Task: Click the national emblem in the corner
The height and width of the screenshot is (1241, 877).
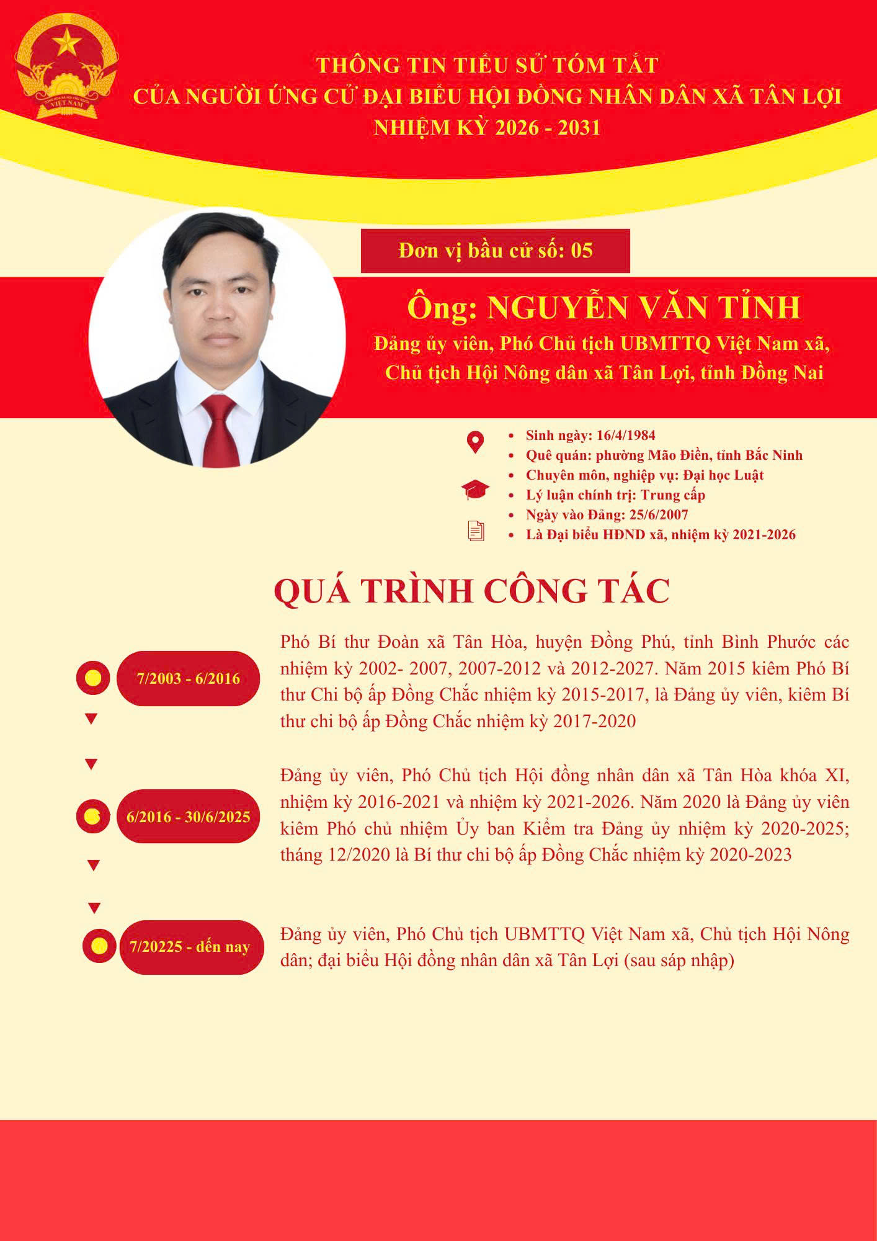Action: pos(66,66)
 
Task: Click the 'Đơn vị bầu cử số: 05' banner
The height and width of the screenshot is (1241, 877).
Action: pos(495,251)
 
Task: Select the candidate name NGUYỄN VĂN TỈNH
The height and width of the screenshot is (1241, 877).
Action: pos(644,308)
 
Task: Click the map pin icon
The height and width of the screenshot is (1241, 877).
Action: pos(475,442)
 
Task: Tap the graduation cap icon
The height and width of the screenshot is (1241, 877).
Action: pos(475,490)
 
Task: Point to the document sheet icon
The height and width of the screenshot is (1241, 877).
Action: pos(476,531)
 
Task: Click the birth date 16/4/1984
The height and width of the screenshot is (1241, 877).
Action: pos(626,435)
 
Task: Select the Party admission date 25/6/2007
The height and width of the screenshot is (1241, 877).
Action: pos(659,514)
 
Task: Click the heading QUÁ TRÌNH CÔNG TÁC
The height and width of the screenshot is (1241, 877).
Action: pos(472,590)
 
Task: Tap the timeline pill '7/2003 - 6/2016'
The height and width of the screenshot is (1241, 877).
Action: pos(189,678)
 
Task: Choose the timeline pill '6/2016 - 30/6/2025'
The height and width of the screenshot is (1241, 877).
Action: pos(189,816)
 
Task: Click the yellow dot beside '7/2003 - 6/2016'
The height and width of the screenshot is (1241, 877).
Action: pos(93,678)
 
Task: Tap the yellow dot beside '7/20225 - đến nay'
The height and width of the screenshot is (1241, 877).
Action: pos(99,946)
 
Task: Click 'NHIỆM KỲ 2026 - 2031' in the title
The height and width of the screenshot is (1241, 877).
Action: pos(487,128)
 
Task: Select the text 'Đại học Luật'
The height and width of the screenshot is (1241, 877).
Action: pos(723,475)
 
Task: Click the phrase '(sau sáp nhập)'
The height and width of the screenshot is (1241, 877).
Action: pos(679,961)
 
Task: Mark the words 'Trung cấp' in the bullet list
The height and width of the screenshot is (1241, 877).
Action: pos(673,495)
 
